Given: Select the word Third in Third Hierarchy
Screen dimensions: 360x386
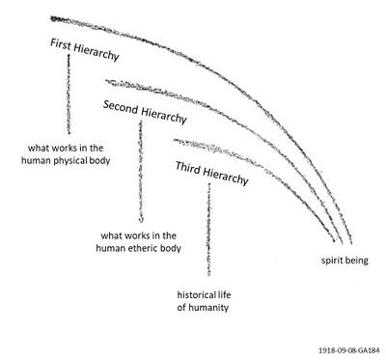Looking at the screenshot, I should tap(187, 168).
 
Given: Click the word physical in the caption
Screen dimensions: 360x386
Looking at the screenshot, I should tap(84, 160).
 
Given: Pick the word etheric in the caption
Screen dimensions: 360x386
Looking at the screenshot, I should tap(149, 247).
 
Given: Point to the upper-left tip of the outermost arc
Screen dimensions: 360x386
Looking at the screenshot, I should tap(53, 17).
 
